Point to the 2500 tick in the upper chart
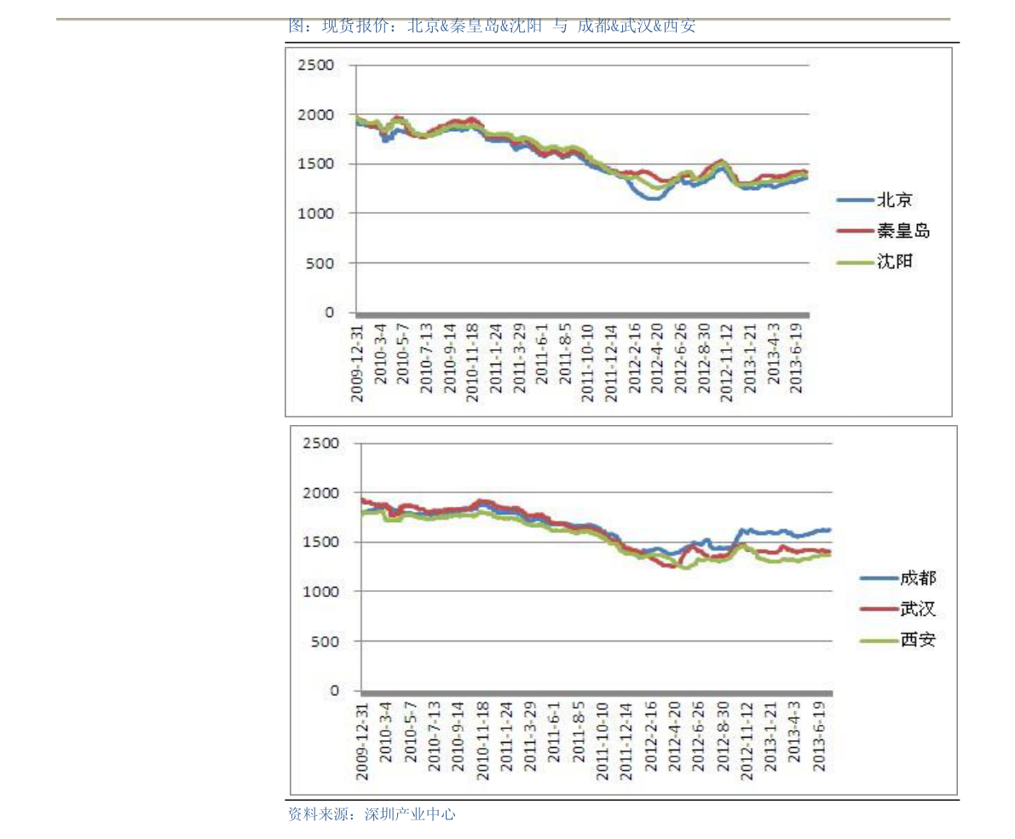tap(316, 66)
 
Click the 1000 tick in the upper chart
tap(316, 214)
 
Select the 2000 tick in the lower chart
tap(321, 493)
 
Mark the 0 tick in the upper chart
tap(329, 313)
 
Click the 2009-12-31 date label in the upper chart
tap(357, 363)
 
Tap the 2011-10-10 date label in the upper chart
tap(587, 363)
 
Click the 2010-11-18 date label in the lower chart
tap(482, 736)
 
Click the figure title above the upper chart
tap(492, 26)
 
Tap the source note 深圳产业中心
tap(372, 814)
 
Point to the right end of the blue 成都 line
tap(829, 530)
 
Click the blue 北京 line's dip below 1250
tap(652, 198)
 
